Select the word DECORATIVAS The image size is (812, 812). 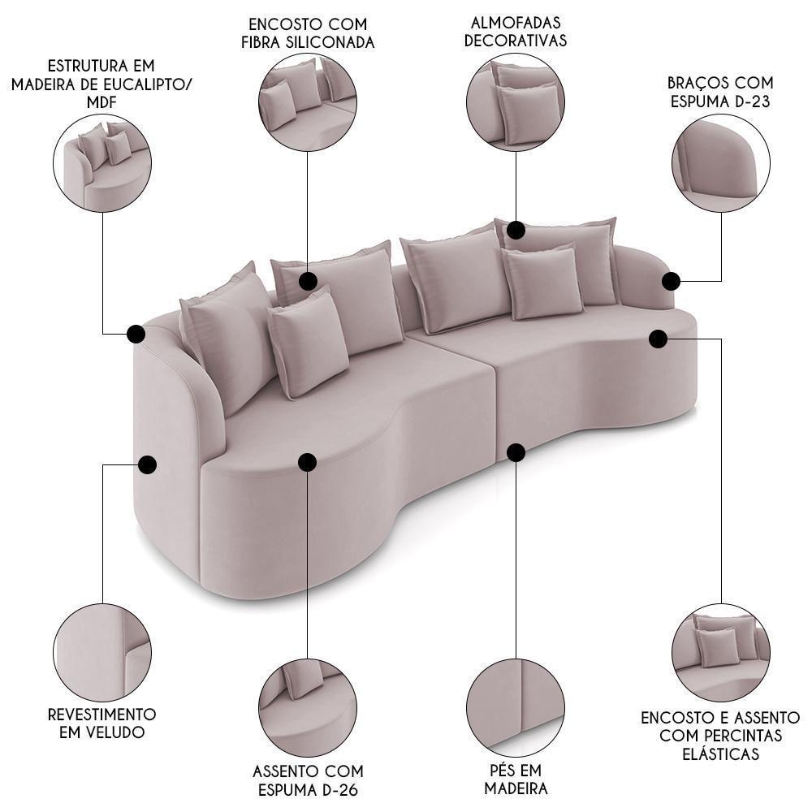pos(516,41)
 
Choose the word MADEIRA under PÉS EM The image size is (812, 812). pos(516,788)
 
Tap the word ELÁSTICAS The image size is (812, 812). pos(720,754)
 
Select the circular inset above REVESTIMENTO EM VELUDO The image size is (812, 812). pos(102,653)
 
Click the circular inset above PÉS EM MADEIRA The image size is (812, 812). pos(516,708)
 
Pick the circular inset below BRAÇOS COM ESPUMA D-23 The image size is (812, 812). pos(721,162)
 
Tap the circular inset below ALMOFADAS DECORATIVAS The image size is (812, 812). pos(516,102)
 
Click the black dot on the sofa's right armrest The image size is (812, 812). pos(672,281)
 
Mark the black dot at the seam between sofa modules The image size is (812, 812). pos(516,452)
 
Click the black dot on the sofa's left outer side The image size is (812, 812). pos(148,464)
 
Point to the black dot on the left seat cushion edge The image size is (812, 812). pos(308,462)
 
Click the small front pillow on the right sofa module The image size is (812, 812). pos(542,283)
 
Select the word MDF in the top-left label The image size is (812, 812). pos(101,102)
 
